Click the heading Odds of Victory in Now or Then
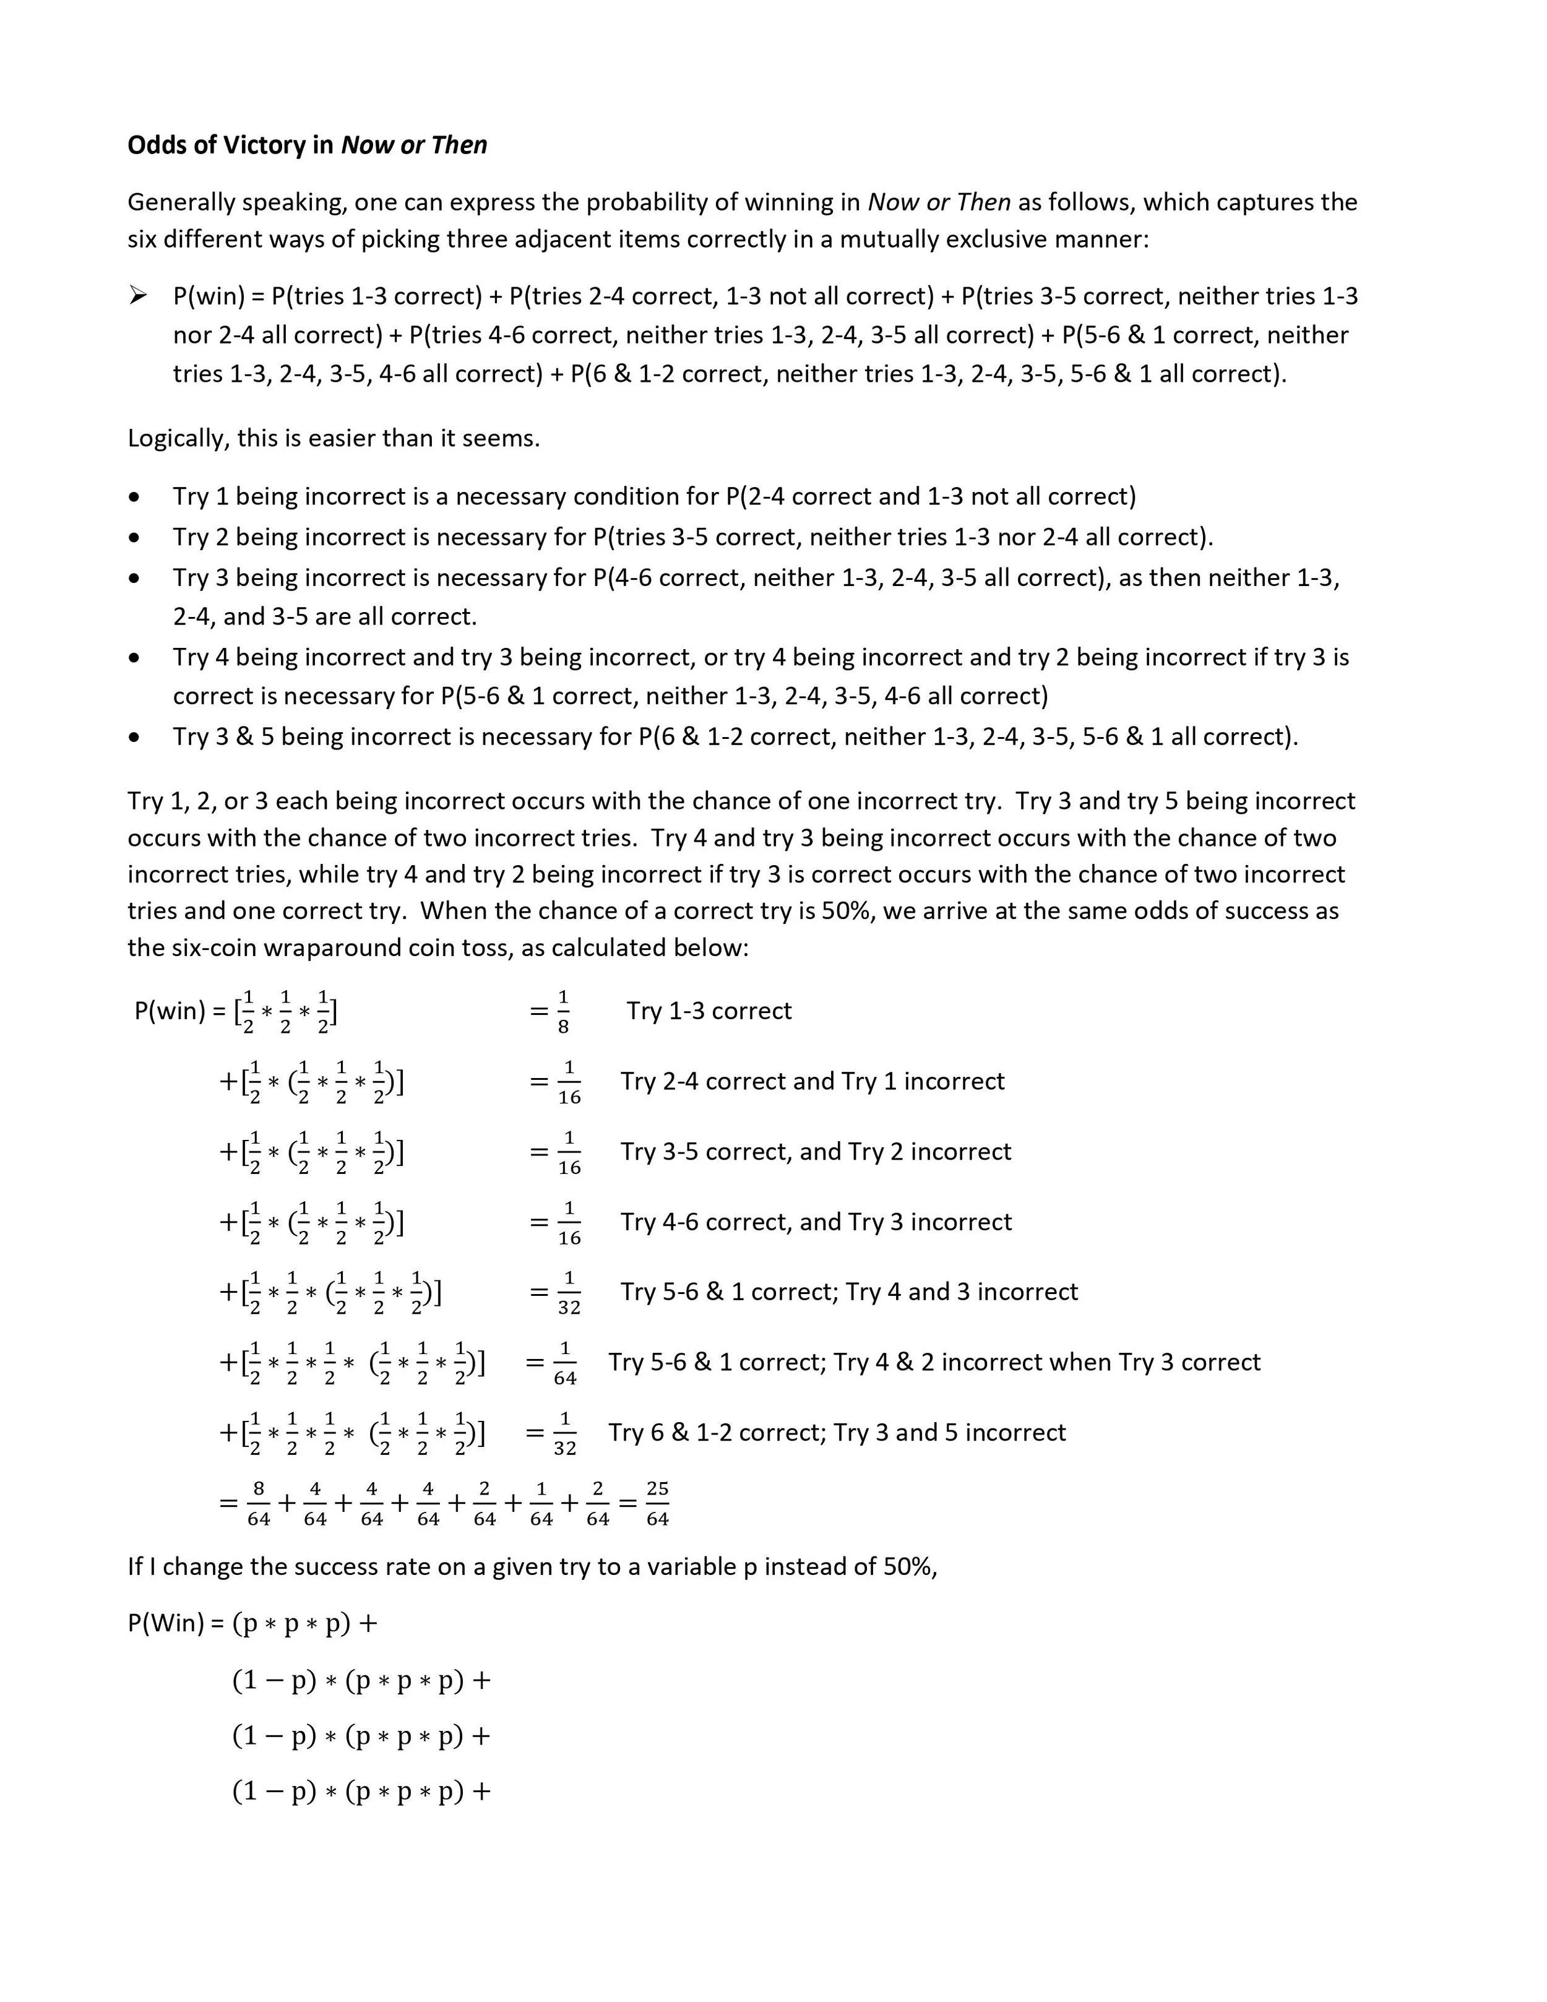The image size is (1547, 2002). pos(307,145)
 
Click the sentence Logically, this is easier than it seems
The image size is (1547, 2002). pos(334,438)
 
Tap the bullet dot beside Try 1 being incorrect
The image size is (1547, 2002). pos(136,498)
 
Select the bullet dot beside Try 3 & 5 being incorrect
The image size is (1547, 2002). pos(136,738)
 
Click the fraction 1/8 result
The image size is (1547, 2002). pos(562,1012)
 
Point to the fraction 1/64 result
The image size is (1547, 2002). pos(564,1363)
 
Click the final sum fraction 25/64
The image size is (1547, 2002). pos(657,1503)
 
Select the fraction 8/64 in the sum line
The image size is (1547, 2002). pos(259,1503)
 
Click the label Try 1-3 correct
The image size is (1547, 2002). pos(709,1011)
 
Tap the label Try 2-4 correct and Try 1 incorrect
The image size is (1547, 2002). pos(812,1082)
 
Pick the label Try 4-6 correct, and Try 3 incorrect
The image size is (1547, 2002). pos(816,1222)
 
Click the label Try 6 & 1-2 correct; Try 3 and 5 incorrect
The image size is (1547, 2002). pos(837,1433)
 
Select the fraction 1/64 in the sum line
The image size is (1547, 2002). pos(541,1503)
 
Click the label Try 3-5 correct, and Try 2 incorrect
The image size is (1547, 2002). pos(816,1152)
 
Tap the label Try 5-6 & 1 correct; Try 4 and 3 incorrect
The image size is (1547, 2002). pos(848,1293)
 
